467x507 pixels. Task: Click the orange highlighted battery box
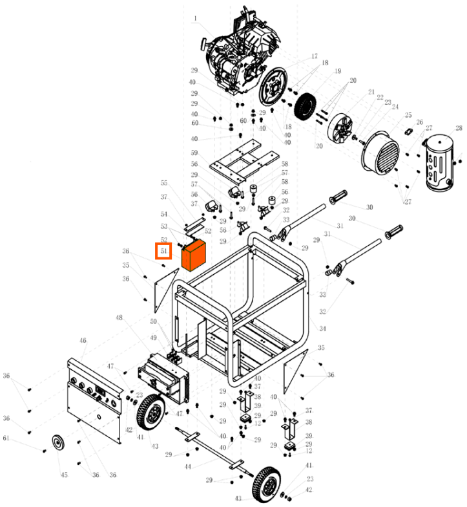pyautogui.click(x=193, y=255)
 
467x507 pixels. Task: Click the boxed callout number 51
pyautogui.click(x=163, y=250)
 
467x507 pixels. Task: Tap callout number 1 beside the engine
pyautogui.click(x=194, y=18)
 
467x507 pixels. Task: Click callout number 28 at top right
pyautogui.click(x=459, y=128)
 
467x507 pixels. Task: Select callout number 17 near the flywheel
pyautogui.click(x=315, y=56)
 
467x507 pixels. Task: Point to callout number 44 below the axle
pyautogui.click(x=187, y=466)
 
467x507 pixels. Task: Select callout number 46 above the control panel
pyautogui.click(x=83, y=340)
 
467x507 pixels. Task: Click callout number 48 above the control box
pyautogui.click(x=119, y=318)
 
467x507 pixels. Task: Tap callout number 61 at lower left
pyautogui.click(x=6, y=439)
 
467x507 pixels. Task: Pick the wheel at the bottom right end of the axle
pyautogui.click(x=265, y=482)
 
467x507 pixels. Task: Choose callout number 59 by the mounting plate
pyautogui.click(x=193, y=153)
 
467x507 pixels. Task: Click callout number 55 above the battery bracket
pyautogui.click(x=164, y=183)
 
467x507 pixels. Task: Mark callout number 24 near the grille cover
pyautogui.click(x=395, y=107)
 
